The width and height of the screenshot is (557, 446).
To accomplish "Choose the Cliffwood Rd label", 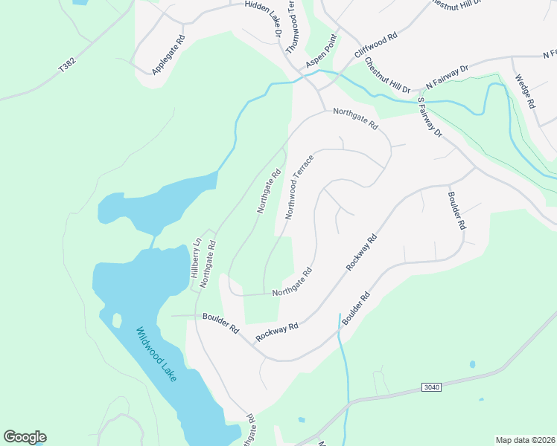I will point(376,45).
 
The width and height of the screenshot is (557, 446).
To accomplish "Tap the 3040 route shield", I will point(430,387).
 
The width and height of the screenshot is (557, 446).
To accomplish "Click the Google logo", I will point(25,437).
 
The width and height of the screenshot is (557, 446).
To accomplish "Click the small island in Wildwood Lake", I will point(117,320).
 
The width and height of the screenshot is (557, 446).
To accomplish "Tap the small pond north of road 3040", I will point(473,364).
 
